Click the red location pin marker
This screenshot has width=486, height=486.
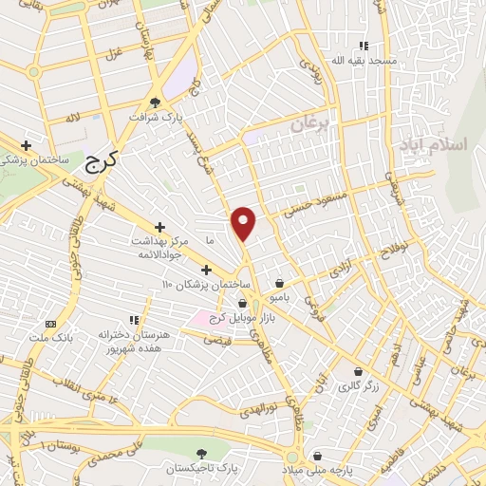pos(244,222)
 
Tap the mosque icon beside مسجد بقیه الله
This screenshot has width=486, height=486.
pos(364,45)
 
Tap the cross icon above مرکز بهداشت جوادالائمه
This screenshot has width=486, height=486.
pos(159,228)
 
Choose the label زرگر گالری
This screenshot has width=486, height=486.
pos(357,386)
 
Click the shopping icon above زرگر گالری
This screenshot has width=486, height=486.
pos(358,371)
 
